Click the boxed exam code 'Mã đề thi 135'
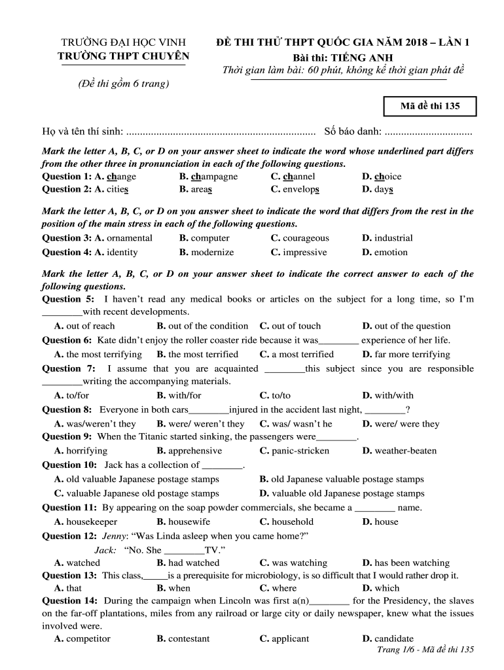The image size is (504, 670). click(429, 106)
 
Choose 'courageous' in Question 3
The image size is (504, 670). click(306, 238)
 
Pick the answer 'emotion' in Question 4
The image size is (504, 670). click(391, 253)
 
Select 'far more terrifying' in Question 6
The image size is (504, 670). click(412, 355)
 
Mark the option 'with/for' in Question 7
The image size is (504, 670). click(185, 395)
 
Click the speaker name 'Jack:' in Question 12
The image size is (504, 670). click(105, 550)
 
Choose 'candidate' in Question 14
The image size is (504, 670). click(393, 639)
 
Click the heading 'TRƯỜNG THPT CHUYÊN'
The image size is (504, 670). click(124, 56)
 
